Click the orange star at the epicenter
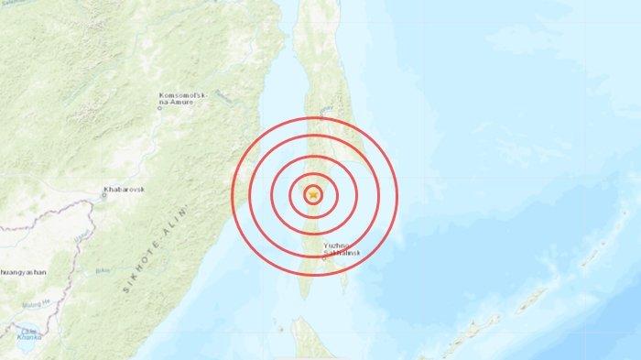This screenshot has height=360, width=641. click(x=314, y=195)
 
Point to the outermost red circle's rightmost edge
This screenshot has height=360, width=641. click(x=398, y=195)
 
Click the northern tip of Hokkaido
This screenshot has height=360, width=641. click(x=303, y=322)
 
